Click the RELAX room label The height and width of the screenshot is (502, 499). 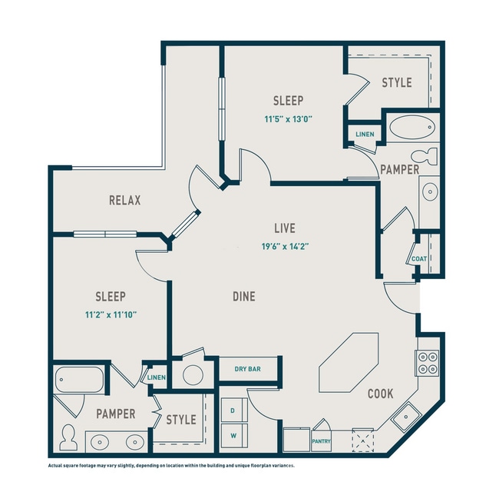coord(124,201)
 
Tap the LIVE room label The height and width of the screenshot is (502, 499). coord(285,228)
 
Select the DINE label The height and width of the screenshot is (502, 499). coord(243,296)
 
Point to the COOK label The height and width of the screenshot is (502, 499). coord(380,394)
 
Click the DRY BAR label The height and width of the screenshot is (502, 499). coord(247,370)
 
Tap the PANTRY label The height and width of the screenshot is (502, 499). coord(321,441)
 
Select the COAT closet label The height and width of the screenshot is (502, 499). coord(418,259)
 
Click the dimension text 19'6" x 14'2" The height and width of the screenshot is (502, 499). coord(285,246)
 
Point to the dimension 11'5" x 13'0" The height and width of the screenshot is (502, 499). coord(288,119)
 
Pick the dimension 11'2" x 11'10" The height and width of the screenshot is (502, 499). coord(110,314)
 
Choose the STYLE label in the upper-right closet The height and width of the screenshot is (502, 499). coord(397,82)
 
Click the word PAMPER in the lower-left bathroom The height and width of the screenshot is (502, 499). coord(116,414)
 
